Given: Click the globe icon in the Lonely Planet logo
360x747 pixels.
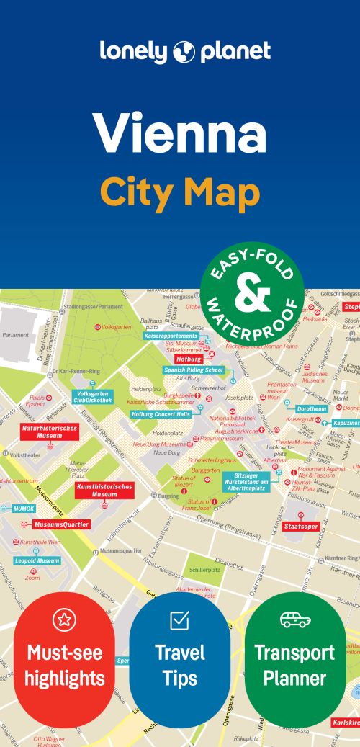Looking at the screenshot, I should click(x=185, y=52).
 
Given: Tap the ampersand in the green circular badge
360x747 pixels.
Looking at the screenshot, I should click(x=253, y=293).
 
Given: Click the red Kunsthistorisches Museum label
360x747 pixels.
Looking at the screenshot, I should click(x=104, y=491).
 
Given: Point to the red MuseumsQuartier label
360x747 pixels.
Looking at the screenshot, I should click(x=62, y=524).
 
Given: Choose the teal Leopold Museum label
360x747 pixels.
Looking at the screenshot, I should click(x=37, y=560).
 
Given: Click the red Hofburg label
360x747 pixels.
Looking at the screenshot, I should click(x=189, y=358).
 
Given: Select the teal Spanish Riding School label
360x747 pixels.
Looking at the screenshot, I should click(x=194, y=370).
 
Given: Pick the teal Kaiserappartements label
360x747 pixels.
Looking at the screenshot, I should click(x=171, y=336).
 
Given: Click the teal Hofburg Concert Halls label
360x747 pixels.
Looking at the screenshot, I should click(x=161, y=414).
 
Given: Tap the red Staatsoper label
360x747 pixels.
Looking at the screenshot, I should click(x=301, y=527).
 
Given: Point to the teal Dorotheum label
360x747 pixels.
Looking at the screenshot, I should click(x=311, y=408).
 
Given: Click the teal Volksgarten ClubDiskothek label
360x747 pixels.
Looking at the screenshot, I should click(x=92, y=397).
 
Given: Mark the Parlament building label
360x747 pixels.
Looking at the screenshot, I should click(x=15, y=334).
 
